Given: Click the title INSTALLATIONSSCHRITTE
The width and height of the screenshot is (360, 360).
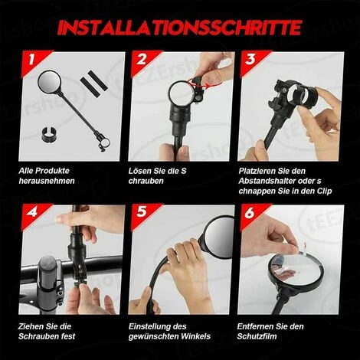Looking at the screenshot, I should pos(179,28).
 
